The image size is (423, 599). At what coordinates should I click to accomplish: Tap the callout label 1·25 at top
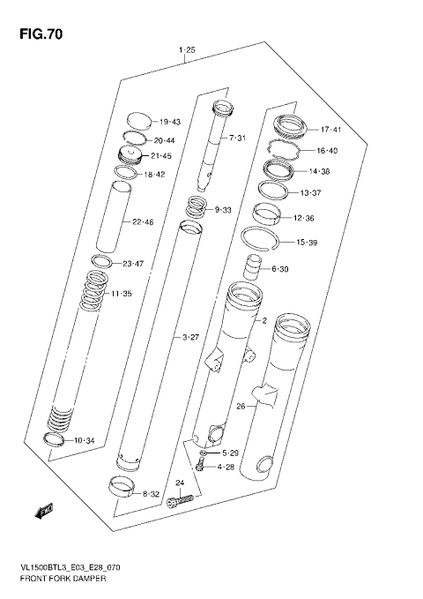pyautogui.click(x=186, y=51)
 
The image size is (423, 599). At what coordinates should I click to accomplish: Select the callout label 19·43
pyautogui.click(x=169, y=122)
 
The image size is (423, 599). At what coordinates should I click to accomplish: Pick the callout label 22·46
pyautogui.click(x=142, y=221)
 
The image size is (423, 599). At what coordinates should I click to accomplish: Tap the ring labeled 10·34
pyautogui.click(x=55, y=440)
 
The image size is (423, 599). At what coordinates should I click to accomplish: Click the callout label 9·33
pyautogui.click(x=223, y=210)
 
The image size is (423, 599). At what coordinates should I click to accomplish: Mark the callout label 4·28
pyautogui.click(x=226, y=467)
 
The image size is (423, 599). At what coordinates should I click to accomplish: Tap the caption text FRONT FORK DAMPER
pyautogui.click(x=58, y=578)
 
